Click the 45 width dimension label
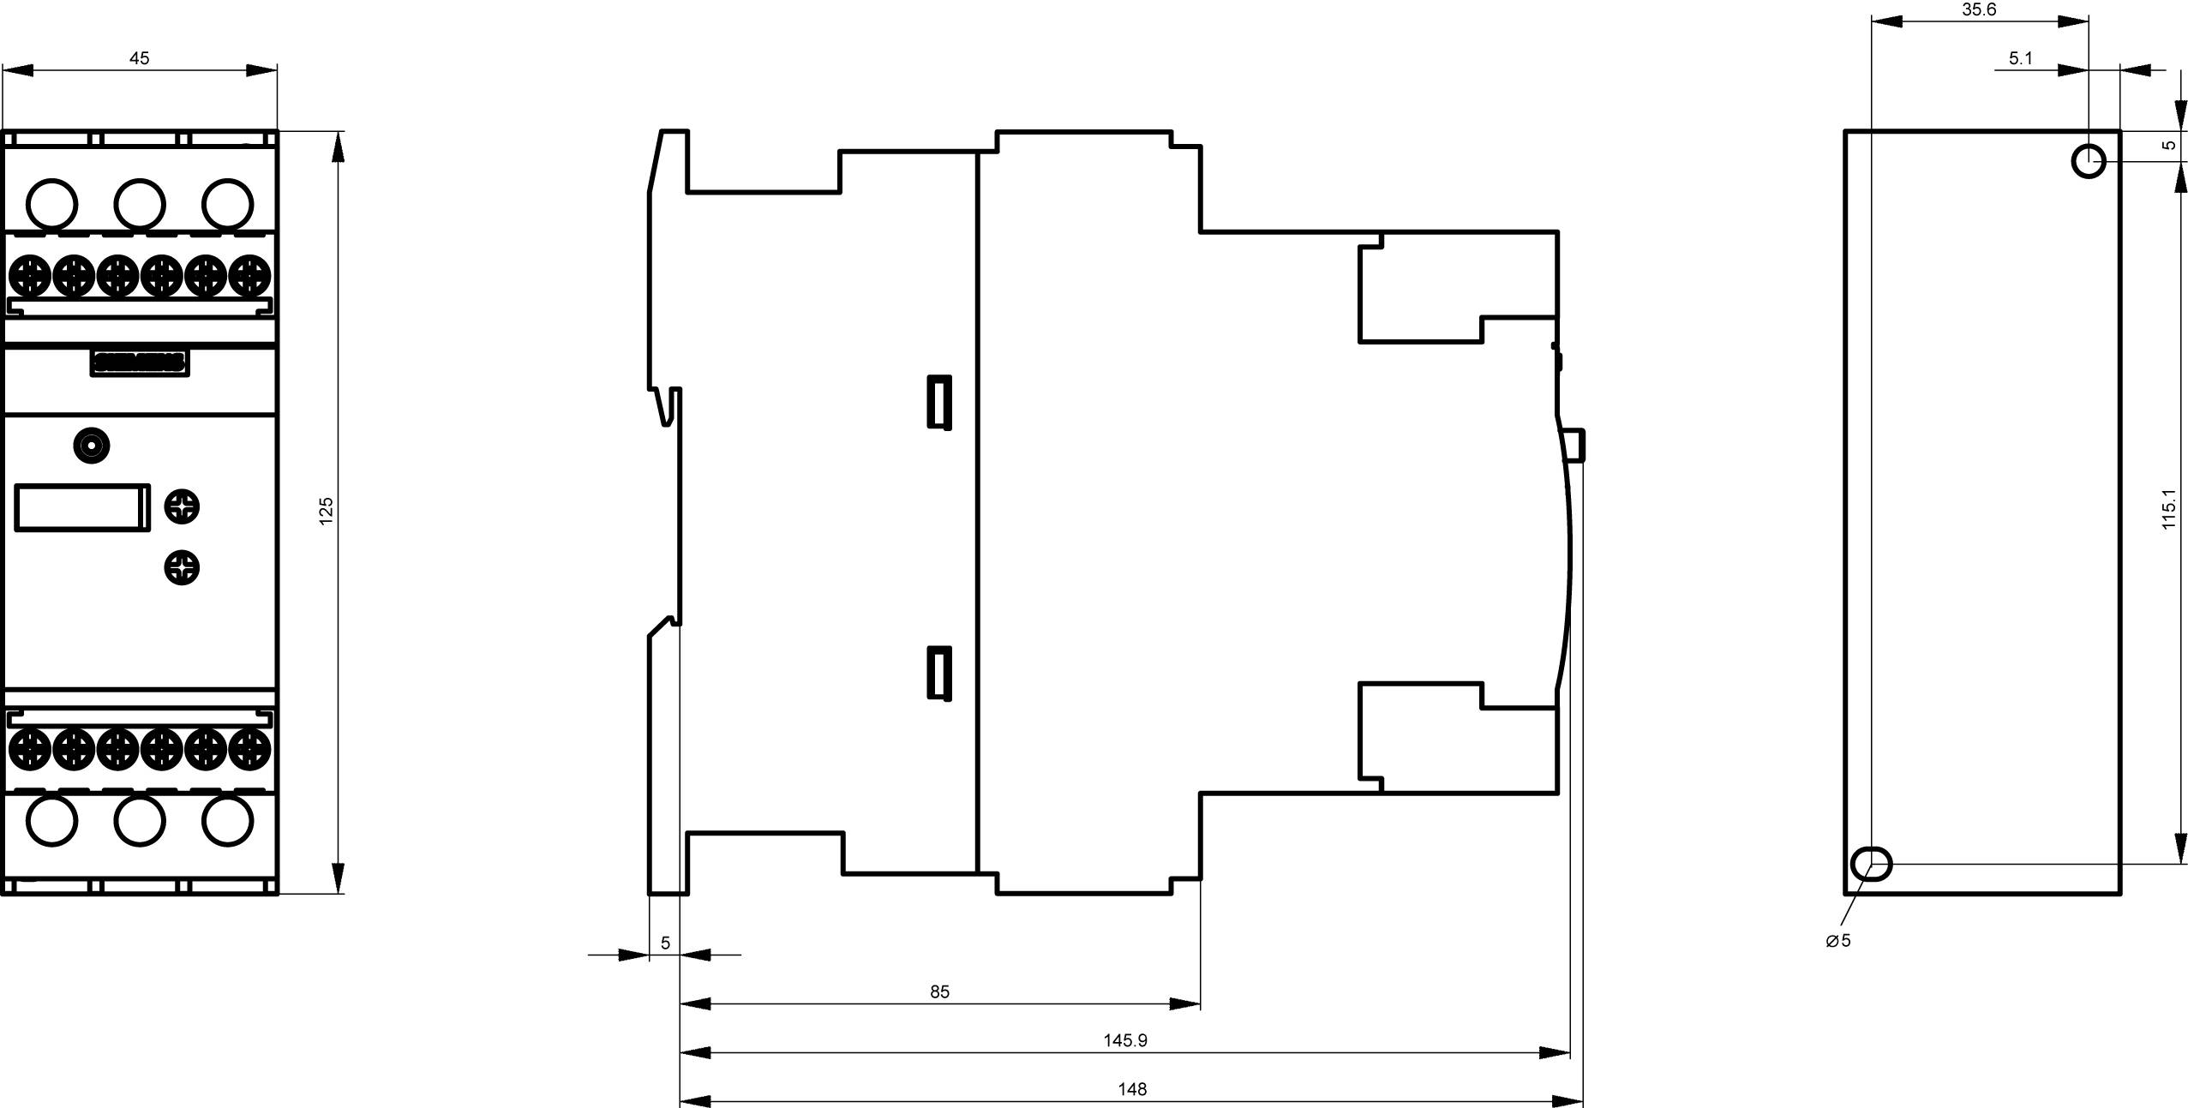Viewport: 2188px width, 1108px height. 139,58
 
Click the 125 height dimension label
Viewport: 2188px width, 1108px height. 326,511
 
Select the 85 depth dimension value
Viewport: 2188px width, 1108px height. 939,991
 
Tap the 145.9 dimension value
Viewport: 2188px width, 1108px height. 1124,1040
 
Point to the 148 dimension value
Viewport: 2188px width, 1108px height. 1131,1089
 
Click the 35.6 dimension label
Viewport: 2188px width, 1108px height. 1979,9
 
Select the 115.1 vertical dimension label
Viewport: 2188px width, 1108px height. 2168,509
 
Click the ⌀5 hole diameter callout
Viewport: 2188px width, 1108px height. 1837,940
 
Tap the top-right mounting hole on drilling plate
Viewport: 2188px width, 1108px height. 2088,160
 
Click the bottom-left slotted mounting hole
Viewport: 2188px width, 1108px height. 1872,864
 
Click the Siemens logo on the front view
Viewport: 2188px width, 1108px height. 140,363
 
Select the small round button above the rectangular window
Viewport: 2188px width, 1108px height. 92,446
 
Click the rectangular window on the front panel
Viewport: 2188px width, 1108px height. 82,507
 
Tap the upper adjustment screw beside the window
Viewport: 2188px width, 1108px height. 182,506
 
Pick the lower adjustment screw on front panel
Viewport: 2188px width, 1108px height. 182,567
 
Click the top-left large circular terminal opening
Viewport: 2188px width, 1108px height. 51,204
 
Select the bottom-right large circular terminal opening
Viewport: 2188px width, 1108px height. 227,820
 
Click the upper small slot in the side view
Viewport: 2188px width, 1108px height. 939,401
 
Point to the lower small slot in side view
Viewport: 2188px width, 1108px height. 939,673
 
